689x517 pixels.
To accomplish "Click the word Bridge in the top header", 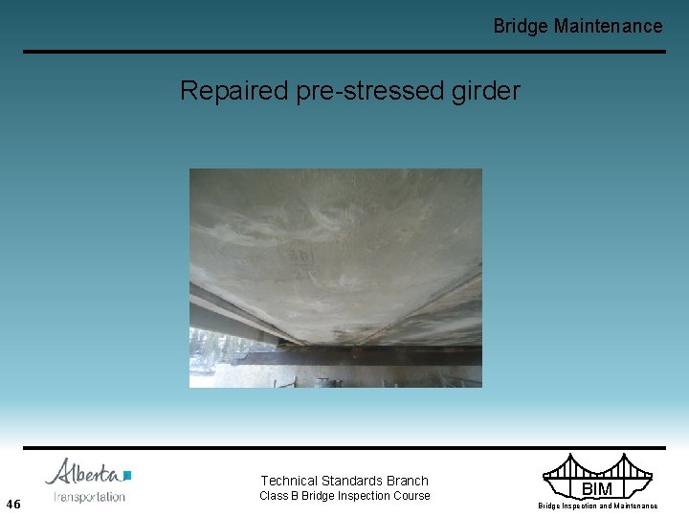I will coord(521,26).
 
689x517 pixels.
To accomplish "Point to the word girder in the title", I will coord(489,91).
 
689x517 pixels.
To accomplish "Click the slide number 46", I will coord(13,504).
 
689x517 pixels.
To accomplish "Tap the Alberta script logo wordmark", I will coord(83,473).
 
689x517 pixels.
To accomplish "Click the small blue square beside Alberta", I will coord(127,475).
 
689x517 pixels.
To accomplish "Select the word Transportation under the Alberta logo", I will coord(90,496).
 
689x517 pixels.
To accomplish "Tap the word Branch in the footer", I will coord(409,481).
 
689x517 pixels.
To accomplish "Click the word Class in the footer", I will coord(275,496).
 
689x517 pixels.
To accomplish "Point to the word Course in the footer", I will coord(411,496).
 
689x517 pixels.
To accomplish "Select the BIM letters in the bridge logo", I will coord(596,490).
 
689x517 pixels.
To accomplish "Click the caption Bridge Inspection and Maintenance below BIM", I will coord(597,506).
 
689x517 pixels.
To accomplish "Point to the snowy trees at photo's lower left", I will coord(206,359).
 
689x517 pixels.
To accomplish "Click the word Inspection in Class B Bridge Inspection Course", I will coord(363,496).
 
